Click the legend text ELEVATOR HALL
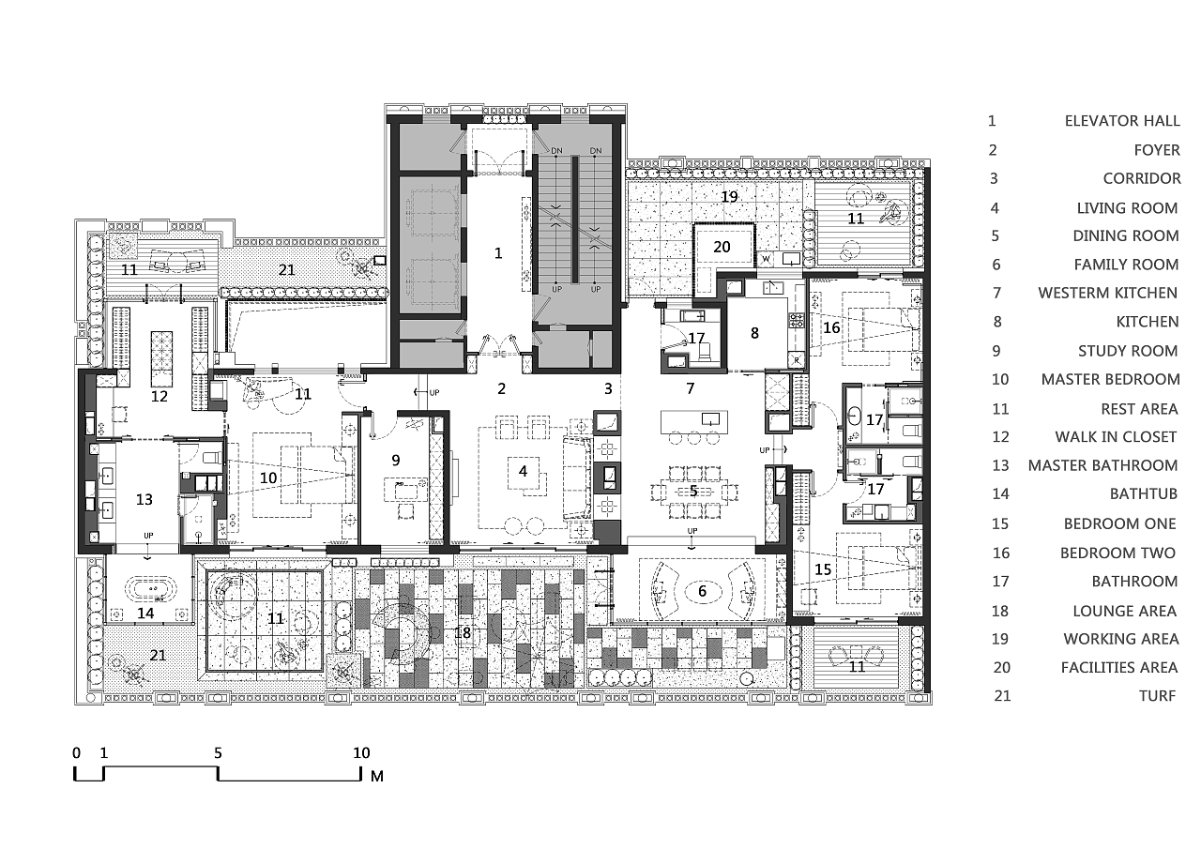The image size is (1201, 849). click(1122, 121)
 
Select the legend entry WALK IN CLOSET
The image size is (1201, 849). click(1116, 437)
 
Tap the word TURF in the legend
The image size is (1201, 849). click(1158, 696)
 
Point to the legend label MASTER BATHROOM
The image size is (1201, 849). click(1102, 465)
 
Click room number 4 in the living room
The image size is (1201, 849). click(523, 471)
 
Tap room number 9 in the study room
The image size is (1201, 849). click(396, 460)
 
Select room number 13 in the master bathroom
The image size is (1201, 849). click(144, 499)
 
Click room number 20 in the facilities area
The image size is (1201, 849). click(722, 247)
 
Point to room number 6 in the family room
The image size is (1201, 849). click(702, 591)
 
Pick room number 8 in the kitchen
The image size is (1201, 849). click(754, 333)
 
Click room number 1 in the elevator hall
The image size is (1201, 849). click(498, 253)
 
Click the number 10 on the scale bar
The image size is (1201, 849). click(361, 753)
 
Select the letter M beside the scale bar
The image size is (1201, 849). click(377, 776)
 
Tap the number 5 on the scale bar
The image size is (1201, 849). click(218, 753)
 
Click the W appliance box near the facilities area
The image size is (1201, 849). click(766, 260)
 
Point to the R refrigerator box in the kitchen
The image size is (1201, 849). click(797, 360)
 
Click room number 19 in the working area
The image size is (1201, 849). click(729, 197)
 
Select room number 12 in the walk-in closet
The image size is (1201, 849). click(160, 396)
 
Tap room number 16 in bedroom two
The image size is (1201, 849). click(831, 327)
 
